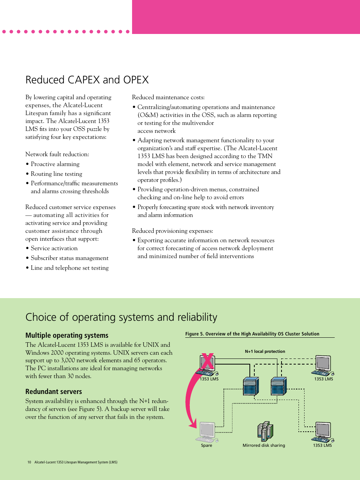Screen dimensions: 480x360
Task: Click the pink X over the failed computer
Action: tap(208, 361)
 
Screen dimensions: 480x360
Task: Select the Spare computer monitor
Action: tap(207, 430)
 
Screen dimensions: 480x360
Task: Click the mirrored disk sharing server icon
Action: tap(265, 431)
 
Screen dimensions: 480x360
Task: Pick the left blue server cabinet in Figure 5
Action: tap(251, 386)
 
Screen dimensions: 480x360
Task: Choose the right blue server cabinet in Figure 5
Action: tap(278, 386)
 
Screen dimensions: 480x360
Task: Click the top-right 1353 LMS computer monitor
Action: tap(323, 364)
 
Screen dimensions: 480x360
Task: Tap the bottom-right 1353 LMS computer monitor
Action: tap(323, 431)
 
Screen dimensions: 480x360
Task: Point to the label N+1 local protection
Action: tap(265, 351)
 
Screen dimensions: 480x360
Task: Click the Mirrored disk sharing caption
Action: tap(264, 445)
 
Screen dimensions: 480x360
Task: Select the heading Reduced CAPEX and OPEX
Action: tap(87, 80)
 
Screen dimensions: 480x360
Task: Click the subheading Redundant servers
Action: tap(54, 392)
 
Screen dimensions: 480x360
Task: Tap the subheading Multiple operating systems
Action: tap(67, 335)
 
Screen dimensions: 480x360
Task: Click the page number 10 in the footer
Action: tap(29, 462)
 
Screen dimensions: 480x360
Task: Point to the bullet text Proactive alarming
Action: tap(55, 164)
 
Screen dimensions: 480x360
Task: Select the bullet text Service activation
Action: tap(54, 248)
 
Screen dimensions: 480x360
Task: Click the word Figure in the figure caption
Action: tap(192, 334)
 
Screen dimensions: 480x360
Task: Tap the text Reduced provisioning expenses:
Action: tap(172, 231)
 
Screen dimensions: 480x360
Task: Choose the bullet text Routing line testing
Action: tap(56, 174)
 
